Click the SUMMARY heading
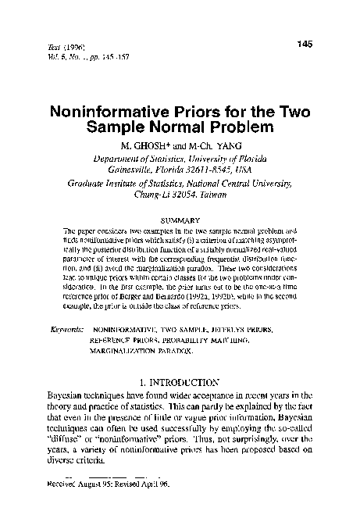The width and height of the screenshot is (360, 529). click(180, 220)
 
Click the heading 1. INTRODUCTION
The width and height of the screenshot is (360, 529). click(179, 384)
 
